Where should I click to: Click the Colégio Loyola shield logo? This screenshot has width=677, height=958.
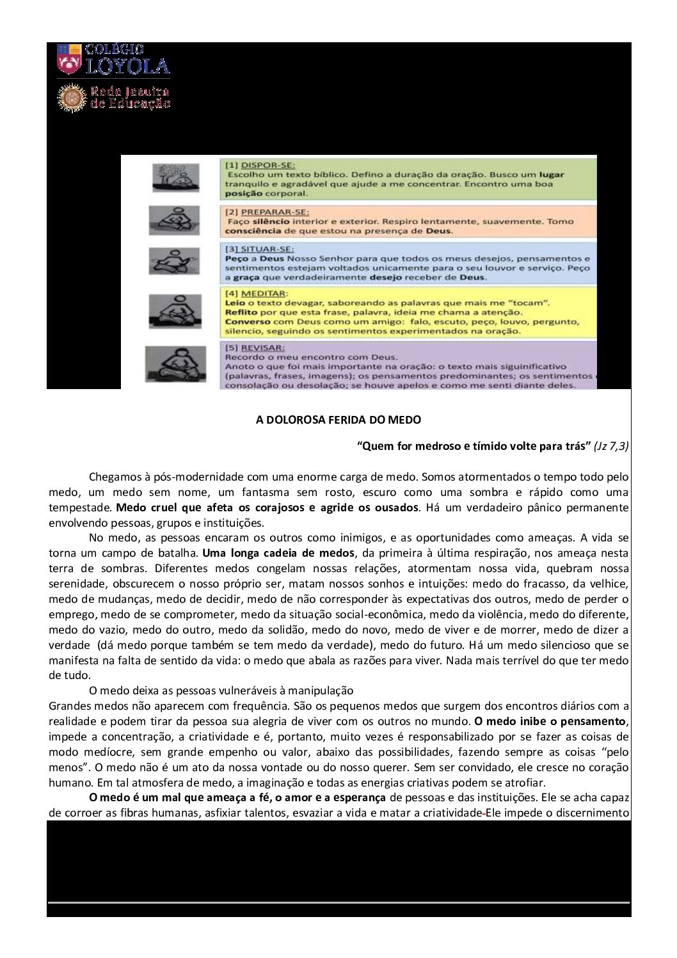point(69,59)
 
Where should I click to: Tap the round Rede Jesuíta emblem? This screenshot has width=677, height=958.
point(70,97)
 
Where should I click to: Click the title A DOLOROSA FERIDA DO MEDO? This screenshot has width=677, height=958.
point(338,420)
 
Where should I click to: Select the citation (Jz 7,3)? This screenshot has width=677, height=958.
point(611,446)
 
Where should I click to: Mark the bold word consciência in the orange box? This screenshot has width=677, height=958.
point(253,231)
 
